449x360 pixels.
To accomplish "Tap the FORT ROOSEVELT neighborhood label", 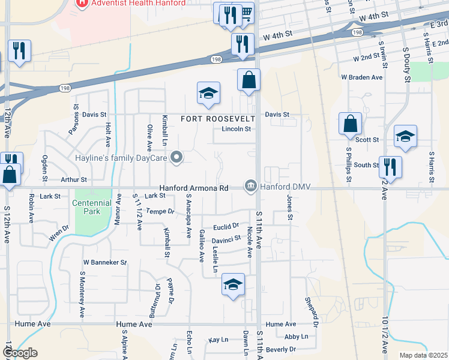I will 219,119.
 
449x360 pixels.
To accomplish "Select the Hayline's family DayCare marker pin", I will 176,158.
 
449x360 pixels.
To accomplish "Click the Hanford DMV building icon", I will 250,187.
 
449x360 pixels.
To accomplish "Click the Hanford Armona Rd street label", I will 194,188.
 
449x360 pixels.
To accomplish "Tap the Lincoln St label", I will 236,129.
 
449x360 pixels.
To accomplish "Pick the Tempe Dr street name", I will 160,211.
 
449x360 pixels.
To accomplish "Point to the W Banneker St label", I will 105,262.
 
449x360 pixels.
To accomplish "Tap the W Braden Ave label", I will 361,77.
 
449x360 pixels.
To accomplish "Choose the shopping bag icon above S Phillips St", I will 350,124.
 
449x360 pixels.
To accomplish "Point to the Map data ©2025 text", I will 423,355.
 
